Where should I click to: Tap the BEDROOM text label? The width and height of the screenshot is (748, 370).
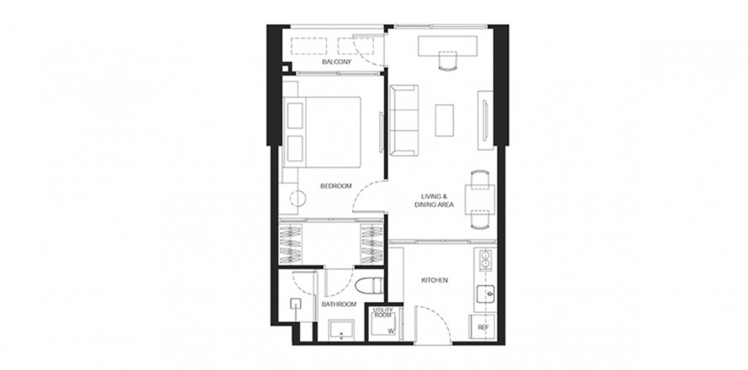click(x=335, y=186)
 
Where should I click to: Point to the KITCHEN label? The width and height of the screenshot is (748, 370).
click(x=435, y=280)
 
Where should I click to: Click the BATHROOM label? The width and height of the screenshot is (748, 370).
click(x=339, y=304)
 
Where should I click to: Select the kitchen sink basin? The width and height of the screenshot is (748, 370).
click(x=484, y=294)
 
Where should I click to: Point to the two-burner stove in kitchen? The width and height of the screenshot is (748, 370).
click(x=484, y=256)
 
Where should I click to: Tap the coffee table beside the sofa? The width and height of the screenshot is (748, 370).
click(x=444, y=119)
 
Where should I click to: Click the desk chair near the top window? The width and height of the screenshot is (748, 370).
click(x=448, y=60)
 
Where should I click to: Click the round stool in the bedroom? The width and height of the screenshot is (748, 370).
click(x=300, y=198)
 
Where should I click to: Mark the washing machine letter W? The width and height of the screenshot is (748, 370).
click(x=391, y=330)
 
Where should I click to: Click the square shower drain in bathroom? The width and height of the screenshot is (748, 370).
click(x=296, y=304)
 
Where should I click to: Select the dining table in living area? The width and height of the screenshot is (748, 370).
click(x=479, y=198)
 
